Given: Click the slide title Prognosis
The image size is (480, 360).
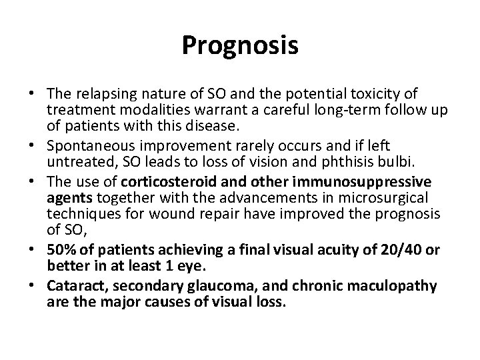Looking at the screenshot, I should tap(240, 45).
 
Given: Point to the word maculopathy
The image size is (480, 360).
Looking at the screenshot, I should tap(397, 287).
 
